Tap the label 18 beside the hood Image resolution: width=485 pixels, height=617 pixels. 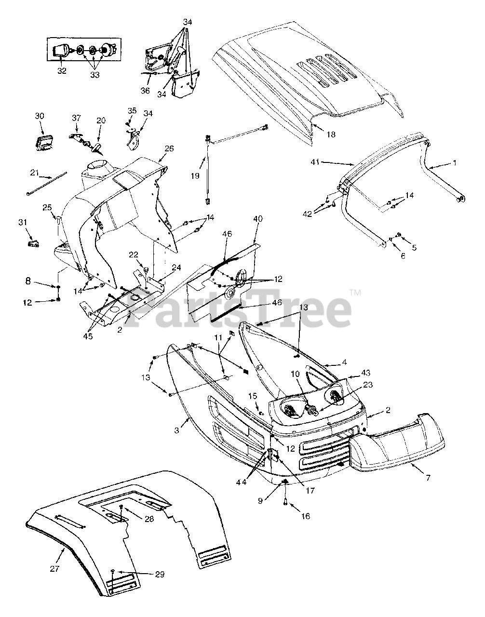(x=331, y=134)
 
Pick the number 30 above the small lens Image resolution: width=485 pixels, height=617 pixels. (x=40, y=116)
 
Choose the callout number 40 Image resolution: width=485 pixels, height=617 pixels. (x=258, y=219)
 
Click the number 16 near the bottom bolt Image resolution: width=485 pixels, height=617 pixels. (x=306, y=516)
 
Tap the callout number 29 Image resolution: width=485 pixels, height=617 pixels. (x=160, y=574)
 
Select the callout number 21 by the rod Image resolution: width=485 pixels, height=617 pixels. (x=34, y=172)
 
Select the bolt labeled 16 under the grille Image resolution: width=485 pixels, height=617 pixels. (x=284, y=503)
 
